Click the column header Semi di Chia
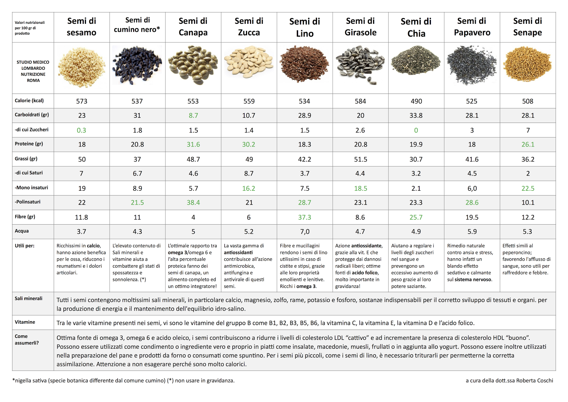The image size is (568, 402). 416,27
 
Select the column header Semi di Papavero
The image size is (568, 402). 472,27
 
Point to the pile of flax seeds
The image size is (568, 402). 304,64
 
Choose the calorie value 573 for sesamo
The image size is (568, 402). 82,101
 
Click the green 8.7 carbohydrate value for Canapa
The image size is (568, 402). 193,116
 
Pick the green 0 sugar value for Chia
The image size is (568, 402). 416,130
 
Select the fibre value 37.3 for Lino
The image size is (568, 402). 305,217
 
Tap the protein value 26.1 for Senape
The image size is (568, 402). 528,144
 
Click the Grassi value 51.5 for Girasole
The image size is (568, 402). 360,159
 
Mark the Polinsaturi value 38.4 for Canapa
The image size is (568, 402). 193,203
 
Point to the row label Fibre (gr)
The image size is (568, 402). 25,217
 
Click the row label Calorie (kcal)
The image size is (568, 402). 29,101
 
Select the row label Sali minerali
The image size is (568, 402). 28,299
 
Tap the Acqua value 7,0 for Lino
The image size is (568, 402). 305,232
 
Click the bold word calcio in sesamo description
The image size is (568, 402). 93,246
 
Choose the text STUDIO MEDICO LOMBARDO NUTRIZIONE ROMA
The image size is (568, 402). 33,71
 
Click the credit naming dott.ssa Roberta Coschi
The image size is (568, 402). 509,380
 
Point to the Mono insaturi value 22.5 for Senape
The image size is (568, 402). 528,188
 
